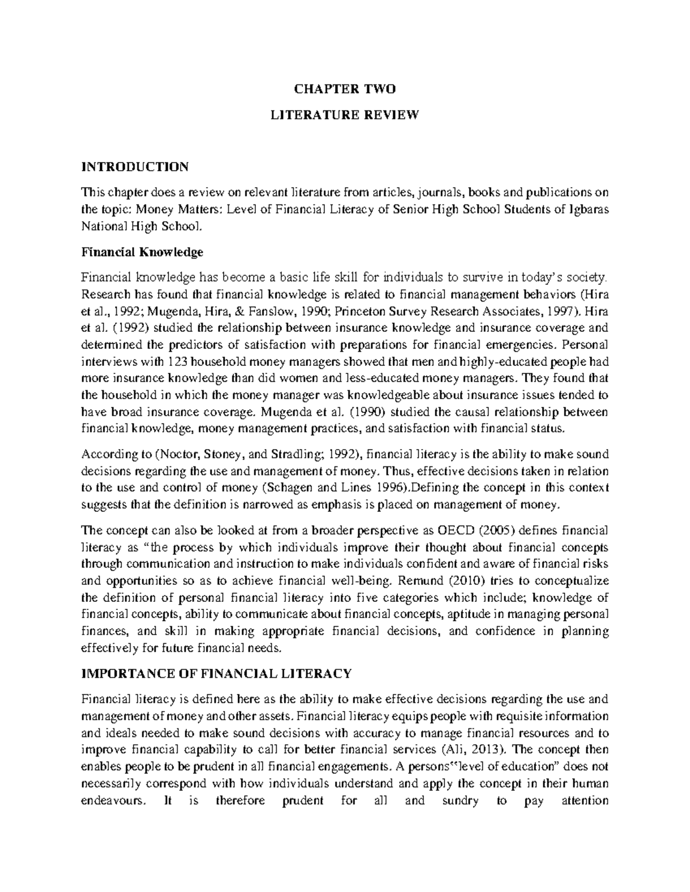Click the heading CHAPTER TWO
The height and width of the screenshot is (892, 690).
click(345, 89)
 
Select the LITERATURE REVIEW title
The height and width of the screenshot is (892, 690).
click(345, 115)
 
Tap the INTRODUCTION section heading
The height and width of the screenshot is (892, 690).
click(135, 167)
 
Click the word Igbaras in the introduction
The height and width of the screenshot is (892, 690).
click(589, 209)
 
